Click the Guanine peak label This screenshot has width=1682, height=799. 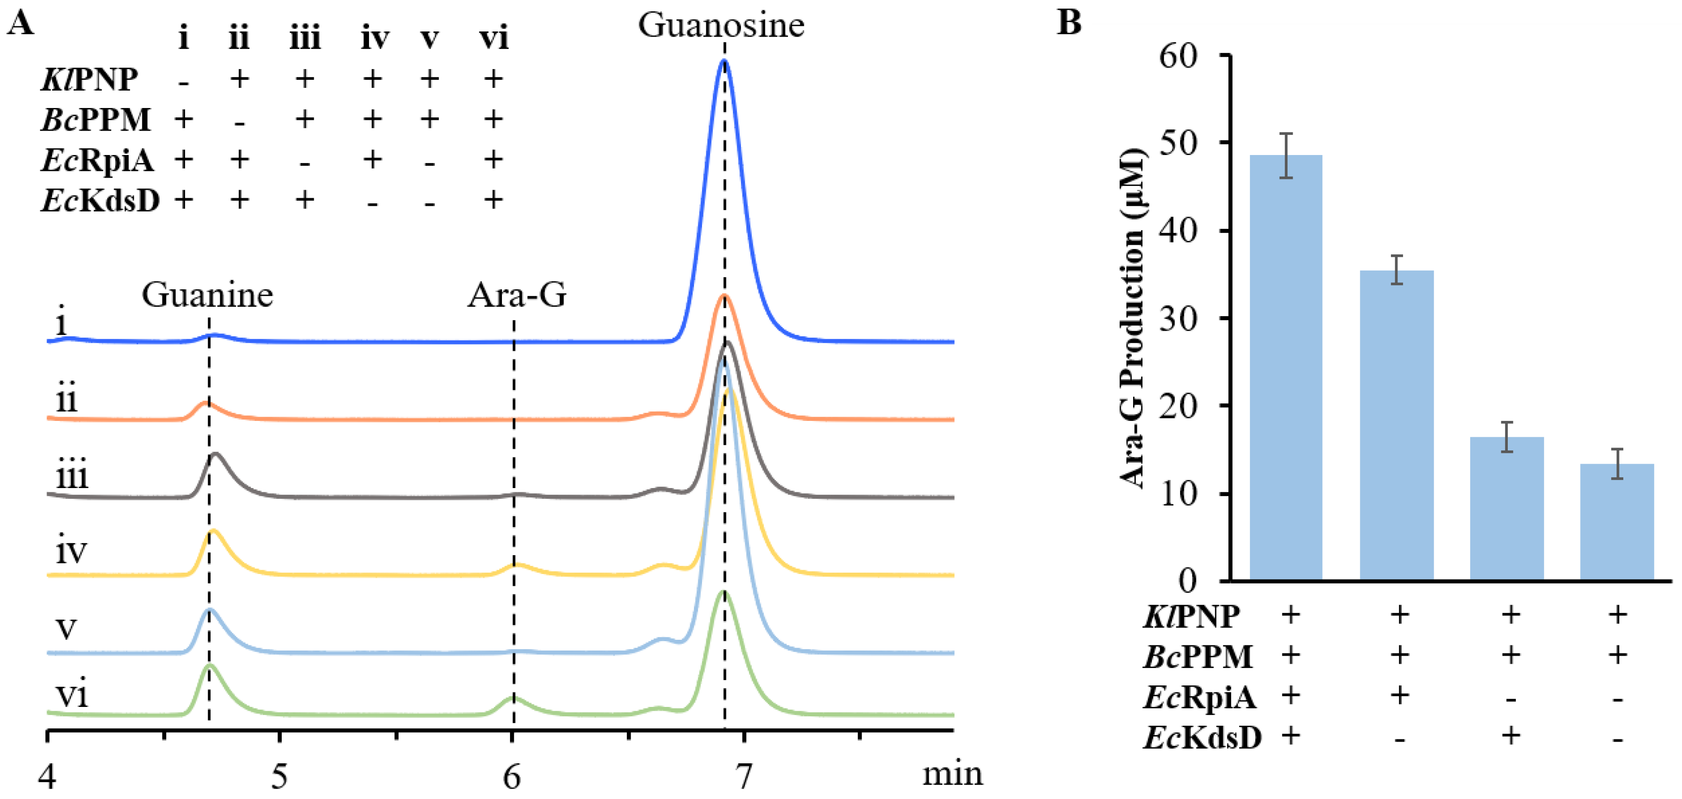point(207,295)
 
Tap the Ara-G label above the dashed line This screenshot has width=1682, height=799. point(517,295)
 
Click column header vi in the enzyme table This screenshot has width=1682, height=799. point(493,38)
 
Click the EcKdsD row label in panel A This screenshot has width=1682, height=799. point(100,201)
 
